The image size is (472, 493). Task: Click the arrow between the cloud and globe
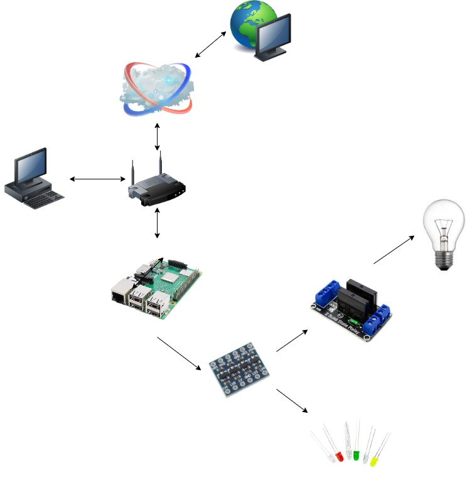coord(210,44)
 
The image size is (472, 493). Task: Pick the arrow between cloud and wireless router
coord(157,137)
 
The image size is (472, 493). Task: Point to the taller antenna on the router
coord(160,166)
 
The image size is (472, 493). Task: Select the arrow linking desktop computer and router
coord(97,179)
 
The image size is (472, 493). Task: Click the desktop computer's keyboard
coord(45,199)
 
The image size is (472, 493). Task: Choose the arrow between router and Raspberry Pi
coord(157,224)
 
